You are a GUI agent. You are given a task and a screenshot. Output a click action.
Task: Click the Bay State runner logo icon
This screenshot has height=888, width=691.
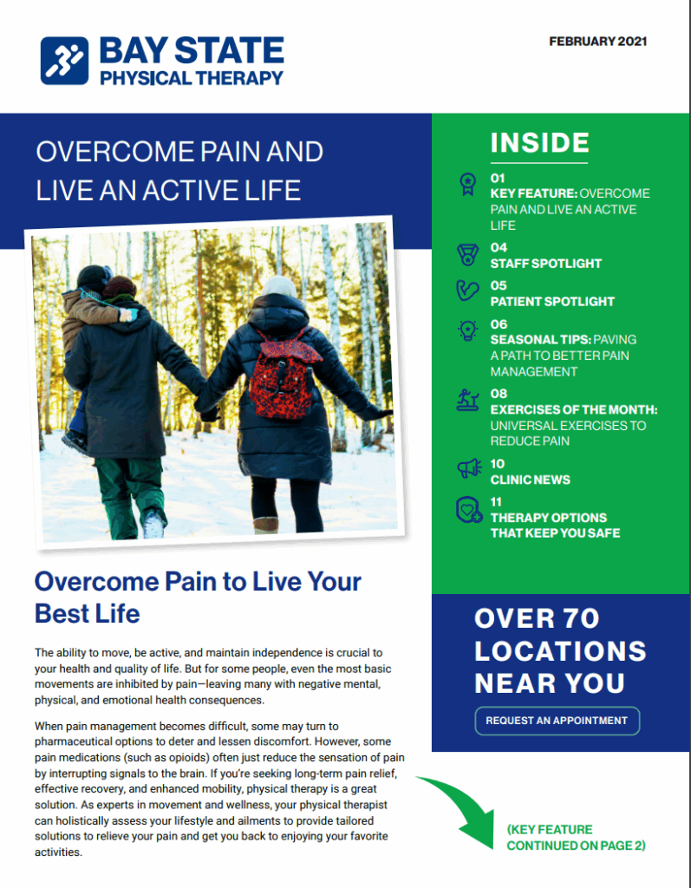(65, 60)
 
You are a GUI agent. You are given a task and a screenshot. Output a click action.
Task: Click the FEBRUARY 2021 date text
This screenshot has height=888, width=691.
(597, 41)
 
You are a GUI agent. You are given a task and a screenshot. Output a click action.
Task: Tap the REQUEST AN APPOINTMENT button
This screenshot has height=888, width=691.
(557, 721)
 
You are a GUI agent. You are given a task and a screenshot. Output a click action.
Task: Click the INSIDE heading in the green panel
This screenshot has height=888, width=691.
(539, 143)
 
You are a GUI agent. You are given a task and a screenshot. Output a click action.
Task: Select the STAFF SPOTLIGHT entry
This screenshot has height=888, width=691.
(545, 264)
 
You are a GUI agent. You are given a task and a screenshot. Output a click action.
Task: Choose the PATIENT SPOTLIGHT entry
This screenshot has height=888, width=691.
(552, 302)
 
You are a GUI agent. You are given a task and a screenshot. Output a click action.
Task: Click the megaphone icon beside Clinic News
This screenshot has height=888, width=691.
(468, 469)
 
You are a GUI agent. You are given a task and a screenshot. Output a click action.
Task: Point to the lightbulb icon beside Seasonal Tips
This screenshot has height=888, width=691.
(468, 331)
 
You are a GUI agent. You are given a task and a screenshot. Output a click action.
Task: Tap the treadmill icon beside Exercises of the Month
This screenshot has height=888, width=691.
(468, 400)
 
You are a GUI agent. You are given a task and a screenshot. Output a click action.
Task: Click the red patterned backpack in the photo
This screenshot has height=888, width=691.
(284, 374)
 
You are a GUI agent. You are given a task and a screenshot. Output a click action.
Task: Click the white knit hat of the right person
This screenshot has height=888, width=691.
(280, 286)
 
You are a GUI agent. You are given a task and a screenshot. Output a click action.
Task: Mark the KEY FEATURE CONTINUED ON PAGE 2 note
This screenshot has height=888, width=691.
(576, 837)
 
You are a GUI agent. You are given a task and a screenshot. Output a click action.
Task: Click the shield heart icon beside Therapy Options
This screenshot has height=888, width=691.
(468, 510)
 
